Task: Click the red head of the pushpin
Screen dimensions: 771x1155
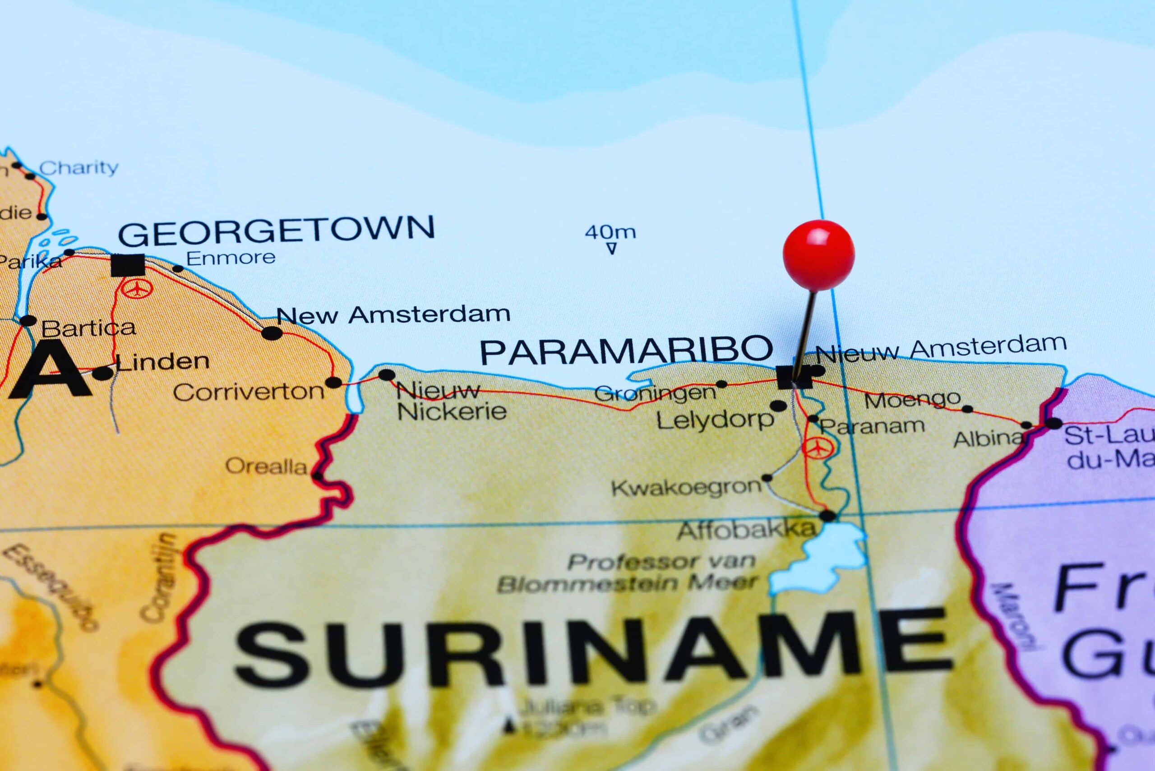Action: point(818,255)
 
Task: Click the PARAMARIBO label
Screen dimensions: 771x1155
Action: point(626,350)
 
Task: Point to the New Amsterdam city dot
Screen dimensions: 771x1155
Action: point(272,333)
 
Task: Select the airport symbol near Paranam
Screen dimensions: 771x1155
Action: point(817,448)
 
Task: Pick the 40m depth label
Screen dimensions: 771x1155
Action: point(610,231)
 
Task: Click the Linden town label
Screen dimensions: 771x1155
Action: point(163,362)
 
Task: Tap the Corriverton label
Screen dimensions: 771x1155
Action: point(249,392)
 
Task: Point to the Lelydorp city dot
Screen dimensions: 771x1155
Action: point(778,406)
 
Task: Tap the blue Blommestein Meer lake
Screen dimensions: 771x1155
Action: point(826,556)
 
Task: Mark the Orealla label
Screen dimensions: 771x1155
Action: point(266,466)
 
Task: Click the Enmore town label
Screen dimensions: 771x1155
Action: point(231,258)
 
